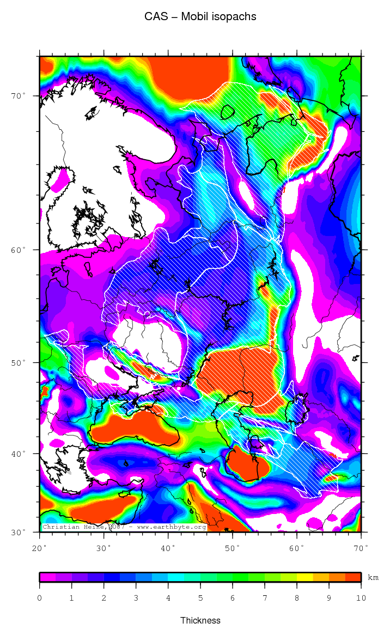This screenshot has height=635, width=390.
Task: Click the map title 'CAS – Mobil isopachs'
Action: [200, 17]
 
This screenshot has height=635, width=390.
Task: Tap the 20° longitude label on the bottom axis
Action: [40, 547]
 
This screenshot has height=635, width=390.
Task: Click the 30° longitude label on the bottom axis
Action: [104, 547]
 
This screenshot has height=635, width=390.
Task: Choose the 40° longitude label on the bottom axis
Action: [168, 547]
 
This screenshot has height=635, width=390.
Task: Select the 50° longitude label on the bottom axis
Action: [233, 547]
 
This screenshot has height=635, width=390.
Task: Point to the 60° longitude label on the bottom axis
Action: [297, 547]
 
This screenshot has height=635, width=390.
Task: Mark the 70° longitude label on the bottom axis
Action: [361, 547]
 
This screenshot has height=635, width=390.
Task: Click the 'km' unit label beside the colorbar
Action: [374, 577]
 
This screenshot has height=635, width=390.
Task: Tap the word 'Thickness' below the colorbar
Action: [200, 620]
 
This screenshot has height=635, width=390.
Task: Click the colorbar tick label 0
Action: [39, 598]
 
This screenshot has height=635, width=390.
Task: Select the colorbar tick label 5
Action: [200, 598]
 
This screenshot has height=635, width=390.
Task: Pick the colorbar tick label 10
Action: [361, 598]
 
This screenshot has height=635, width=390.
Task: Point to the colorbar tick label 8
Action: [296, 598]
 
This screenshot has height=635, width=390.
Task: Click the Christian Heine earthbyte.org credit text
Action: [124, 527]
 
